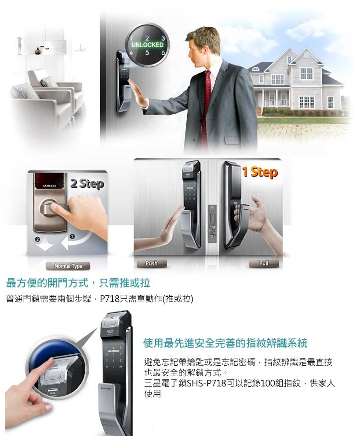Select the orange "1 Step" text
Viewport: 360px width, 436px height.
click(x=260, y=172)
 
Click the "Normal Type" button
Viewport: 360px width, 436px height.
click(x=68, y=266)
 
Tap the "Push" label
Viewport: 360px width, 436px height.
click(x=151, y=263)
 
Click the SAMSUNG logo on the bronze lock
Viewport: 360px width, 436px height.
click(x=50, y=186)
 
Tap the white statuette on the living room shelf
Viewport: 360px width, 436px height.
click(x=19, y=45)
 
